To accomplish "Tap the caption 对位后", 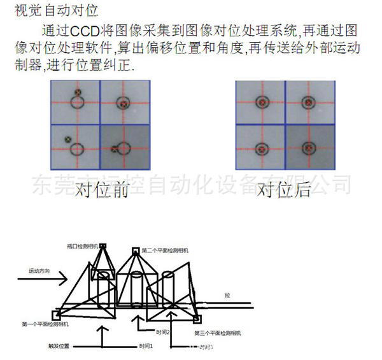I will pyautogui.click(x=284, y=189).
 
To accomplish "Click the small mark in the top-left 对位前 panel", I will pyautogui.click(x=77, y=92).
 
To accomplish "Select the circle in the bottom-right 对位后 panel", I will pyautogui.click(x=309, y=148).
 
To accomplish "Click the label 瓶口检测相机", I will pyautogui.click(x=81, y=247).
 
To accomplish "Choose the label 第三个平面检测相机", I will pyautogui.click(x=217, y=333).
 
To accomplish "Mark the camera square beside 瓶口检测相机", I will pyautogui.click(x=103, y=247).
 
